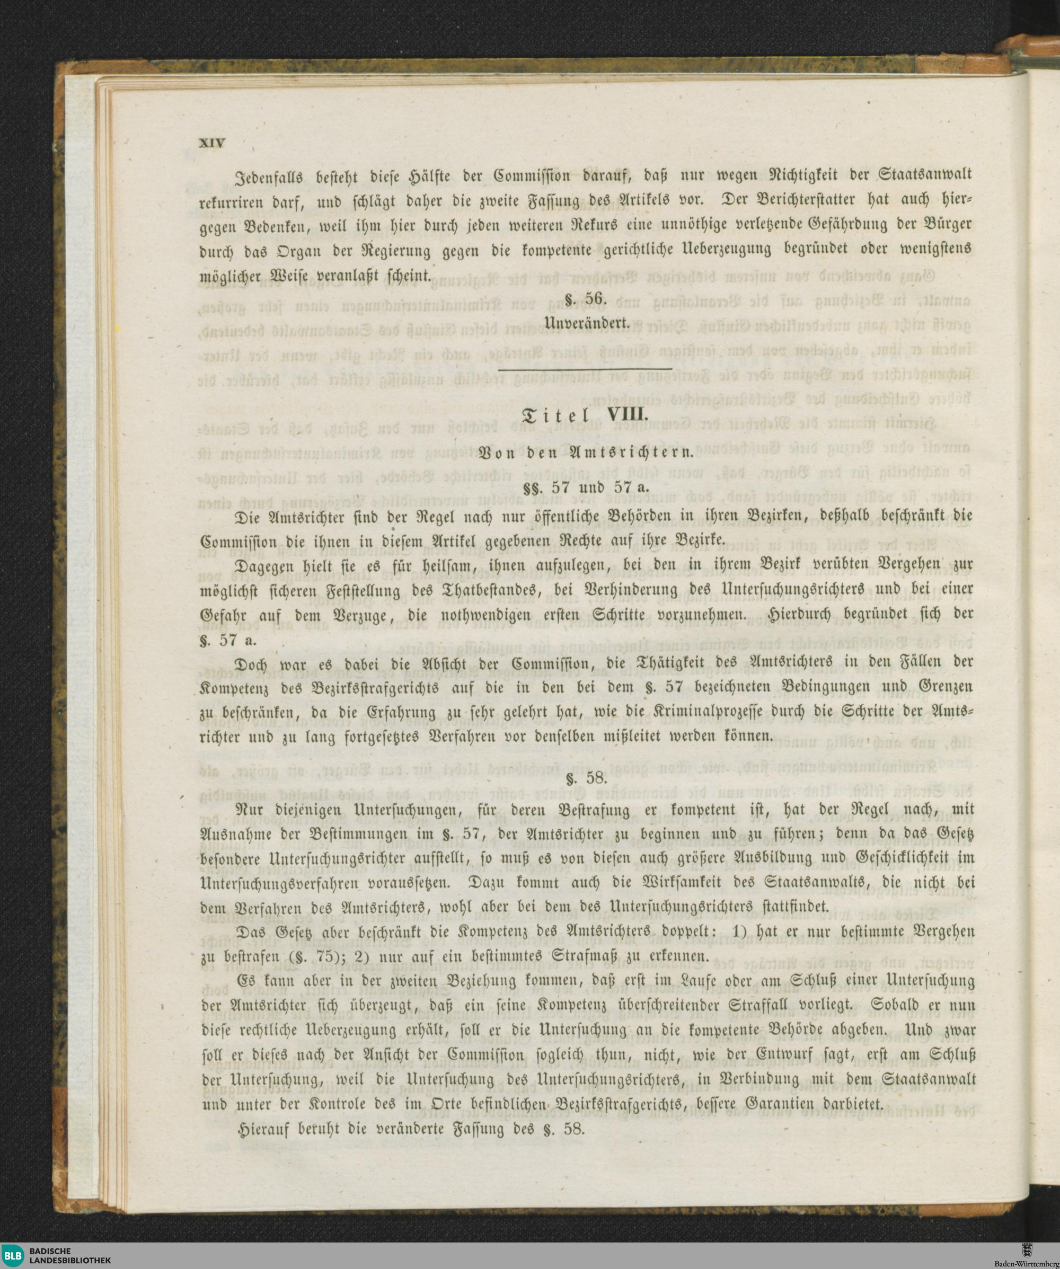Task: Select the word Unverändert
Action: (587, 323)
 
